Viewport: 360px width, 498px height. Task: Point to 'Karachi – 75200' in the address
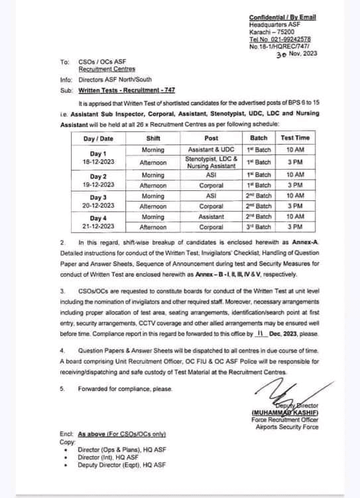269,31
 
